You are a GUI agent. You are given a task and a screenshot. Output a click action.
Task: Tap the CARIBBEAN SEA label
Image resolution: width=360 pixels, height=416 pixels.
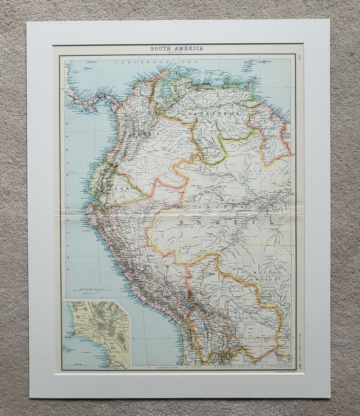tap(137, 63)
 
